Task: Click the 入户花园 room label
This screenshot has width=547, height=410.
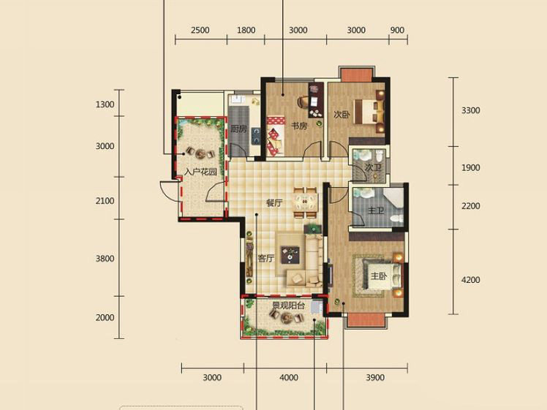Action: (200, 172)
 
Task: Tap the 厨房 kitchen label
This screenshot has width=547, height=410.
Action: (238, 129)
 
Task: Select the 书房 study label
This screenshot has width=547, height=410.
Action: (299, 126)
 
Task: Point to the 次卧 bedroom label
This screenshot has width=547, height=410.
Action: (342, 114)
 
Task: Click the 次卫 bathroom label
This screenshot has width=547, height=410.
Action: (372, 167)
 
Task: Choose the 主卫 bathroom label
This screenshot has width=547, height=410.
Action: (376, 210)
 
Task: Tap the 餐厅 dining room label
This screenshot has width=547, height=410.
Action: (274, 203)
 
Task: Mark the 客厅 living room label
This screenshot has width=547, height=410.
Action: (265, 258)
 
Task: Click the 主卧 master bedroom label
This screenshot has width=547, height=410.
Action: (379, 276)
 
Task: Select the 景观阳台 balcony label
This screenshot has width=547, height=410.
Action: (289, 305)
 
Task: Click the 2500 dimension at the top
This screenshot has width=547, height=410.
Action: (200, 31)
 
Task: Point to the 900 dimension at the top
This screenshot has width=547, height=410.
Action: (397, 31)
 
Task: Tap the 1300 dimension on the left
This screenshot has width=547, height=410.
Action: (105, 105)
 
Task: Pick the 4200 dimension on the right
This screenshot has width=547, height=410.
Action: (471, 280)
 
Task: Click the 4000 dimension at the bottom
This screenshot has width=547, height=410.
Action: (289, 378)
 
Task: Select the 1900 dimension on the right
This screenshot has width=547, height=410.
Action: (471, 167)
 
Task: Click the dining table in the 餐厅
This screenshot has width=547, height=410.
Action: (306, 202)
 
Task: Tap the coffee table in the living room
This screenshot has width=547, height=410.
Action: (290, 254)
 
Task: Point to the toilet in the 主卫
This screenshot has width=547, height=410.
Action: (396, 219)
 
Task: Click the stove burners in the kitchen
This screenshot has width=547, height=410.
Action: (256, 137)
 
